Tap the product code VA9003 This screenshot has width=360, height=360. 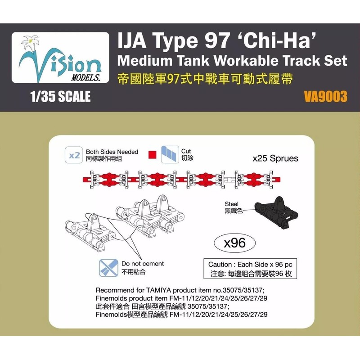[x=325, y=97]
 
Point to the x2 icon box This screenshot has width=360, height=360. [x=73, y=155]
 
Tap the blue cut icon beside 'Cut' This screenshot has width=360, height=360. [x=170, y=155]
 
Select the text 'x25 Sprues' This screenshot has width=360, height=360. [x=275, y=159]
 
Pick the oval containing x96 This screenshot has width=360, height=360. [x=234, y=243]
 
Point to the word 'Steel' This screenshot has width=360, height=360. [x=232, y=203]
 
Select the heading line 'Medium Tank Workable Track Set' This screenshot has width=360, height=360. [x=231, y=62]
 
